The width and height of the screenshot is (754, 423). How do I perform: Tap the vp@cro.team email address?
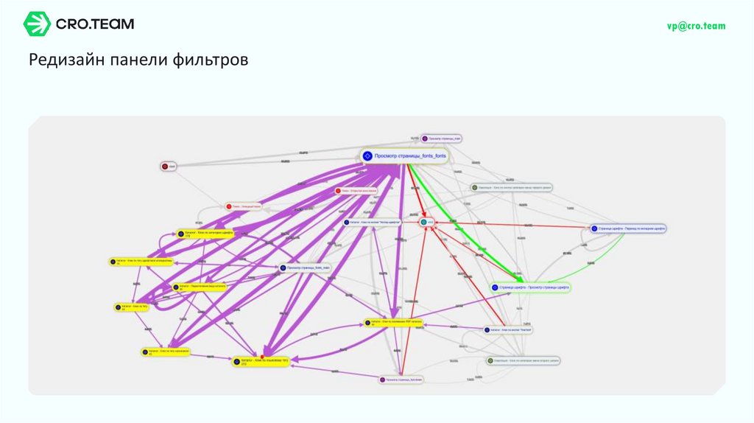696,26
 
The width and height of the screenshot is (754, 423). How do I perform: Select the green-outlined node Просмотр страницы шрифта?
529,287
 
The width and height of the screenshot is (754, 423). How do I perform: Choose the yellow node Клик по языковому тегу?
261,362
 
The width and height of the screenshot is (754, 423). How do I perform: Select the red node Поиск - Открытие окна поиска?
357,191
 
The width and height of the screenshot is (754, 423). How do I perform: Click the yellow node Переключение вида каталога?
199,287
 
